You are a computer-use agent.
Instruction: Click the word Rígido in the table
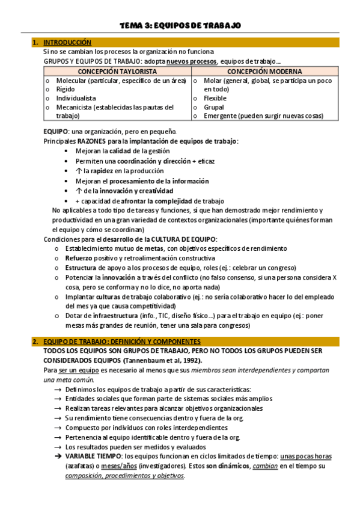[67, 89]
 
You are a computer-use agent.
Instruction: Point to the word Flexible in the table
[215, 98]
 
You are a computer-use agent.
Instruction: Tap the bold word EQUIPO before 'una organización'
[56, 132]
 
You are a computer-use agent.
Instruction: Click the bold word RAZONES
[92, 141]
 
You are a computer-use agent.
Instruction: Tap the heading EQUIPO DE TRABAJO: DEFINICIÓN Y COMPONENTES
[125, 342]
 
